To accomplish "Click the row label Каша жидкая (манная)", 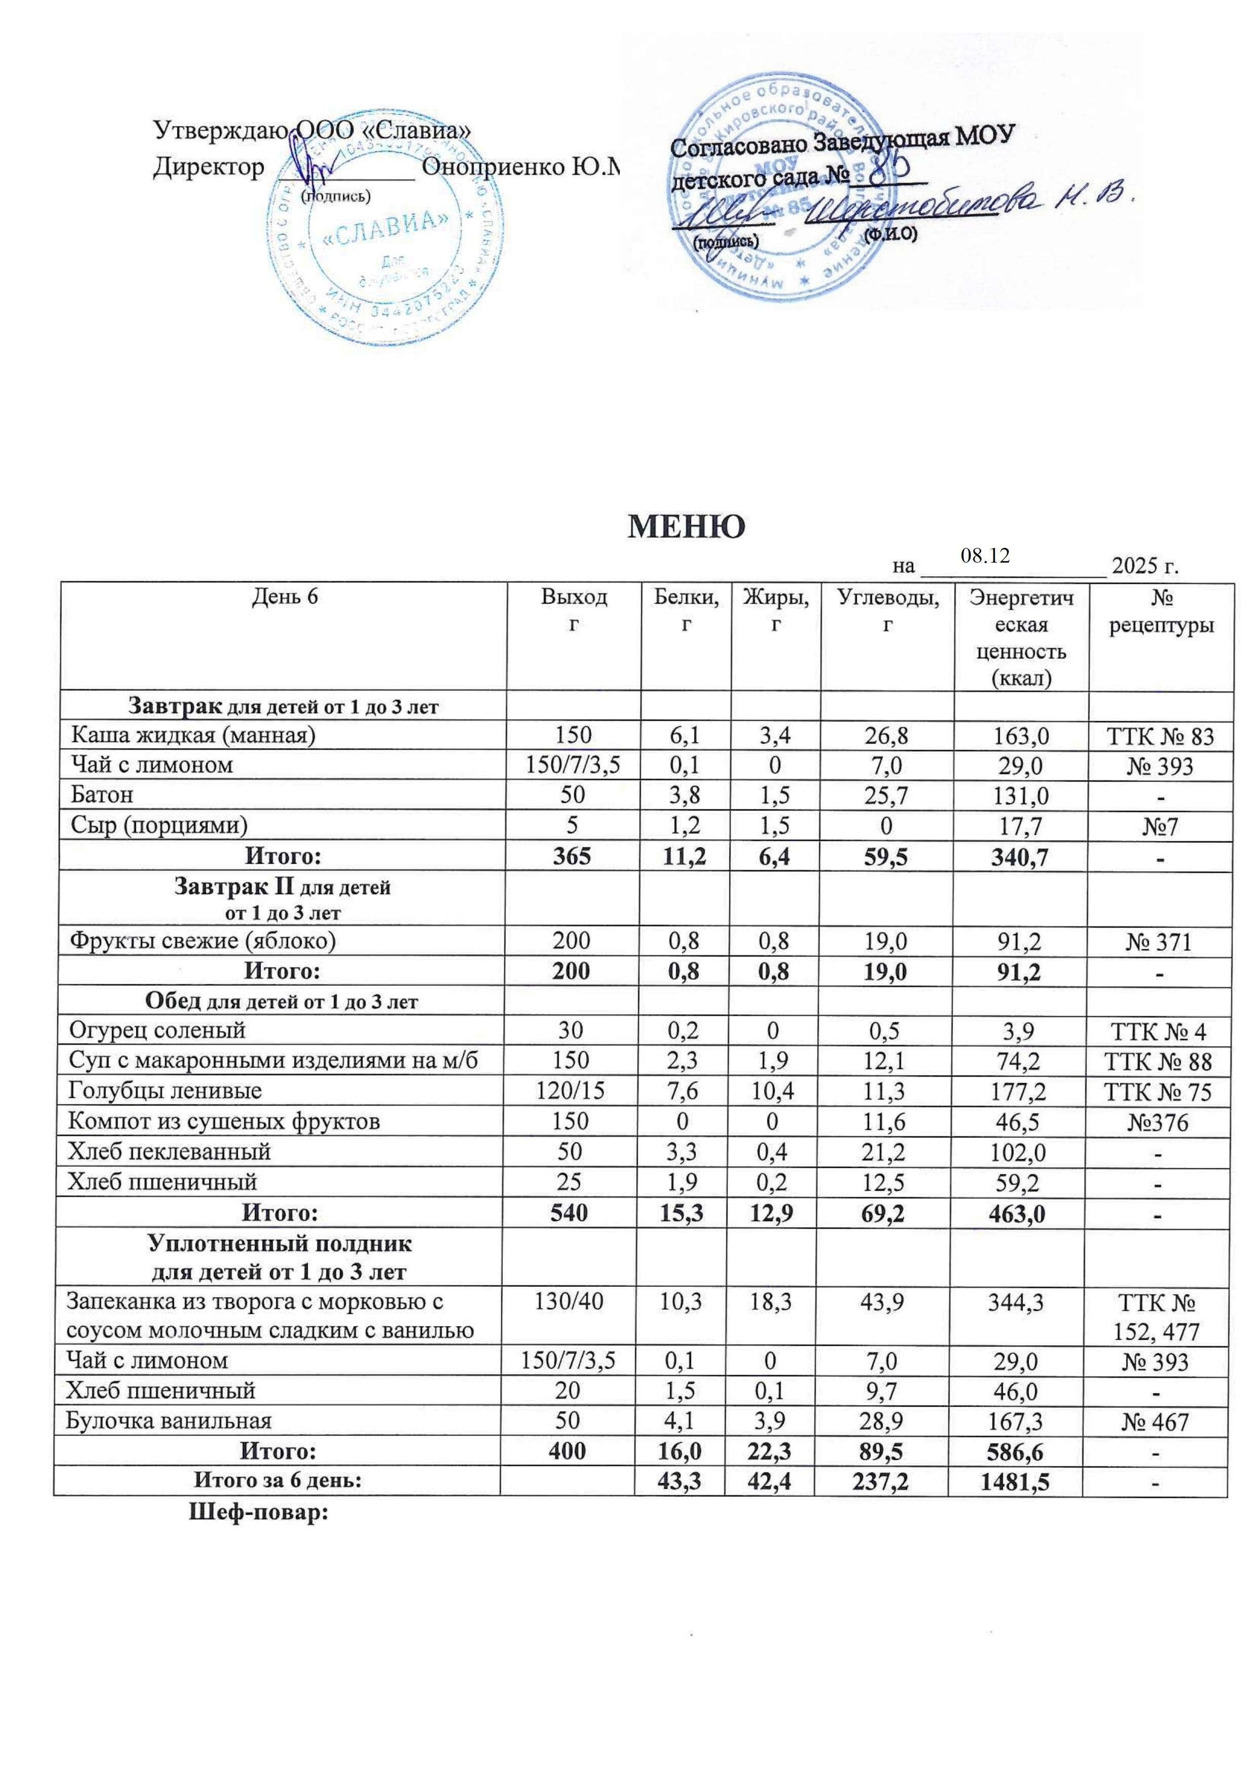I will coord(194,735).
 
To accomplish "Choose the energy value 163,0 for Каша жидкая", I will coord(1021,735).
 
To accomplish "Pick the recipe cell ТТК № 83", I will coord(1161,735).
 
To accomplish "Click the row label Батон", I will coord(102,795).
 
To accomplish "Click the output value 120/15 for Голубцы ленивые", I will coord(571,1092).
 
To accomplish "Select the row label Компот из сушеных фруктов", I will coord(224,1121).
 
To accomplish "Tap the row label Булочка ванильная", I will coord(169,1421).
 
